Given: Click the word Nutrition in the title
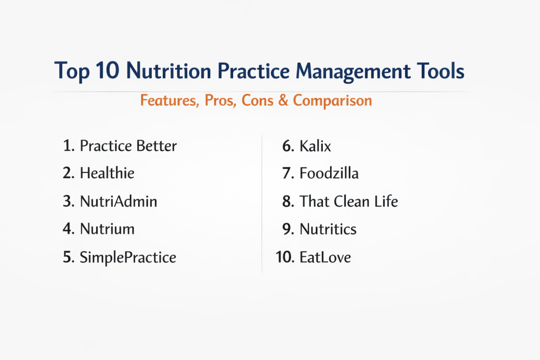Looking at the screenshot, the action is pos(168,71).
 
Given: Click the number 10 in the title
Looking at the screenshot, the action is pos(108,71).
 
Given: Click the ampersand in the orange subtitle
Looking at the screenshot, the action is pos(283,101).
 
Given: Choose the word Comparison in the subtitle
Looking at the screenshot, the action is pos(332,101).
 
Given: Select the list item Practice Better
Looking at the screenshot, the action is pos(128,146).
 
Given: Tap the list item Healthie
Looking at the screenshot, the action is pos(107,173).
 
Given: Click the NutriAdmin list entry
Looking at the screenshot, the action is pos(119,201).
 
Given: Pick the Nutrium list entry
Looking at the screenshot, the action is pos(107,229).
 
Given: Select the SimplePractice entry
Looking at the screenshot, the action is pos(128,257).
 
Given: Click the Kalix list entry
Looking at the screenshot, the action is pos(315,146).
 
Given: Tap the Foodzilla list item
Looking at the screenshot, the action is pos(329,173).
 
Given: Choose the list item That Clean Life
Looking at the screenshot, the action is pos(349,201).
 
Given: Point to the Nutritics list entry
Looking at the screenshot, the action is pos(328,229).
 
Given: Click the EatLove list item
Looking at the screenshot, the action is pos(325,257).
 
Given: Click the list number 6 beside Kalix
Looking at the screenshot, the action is pos(288,147).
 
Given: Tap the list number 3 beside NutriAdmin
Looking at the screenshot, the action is pos(69,201).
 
